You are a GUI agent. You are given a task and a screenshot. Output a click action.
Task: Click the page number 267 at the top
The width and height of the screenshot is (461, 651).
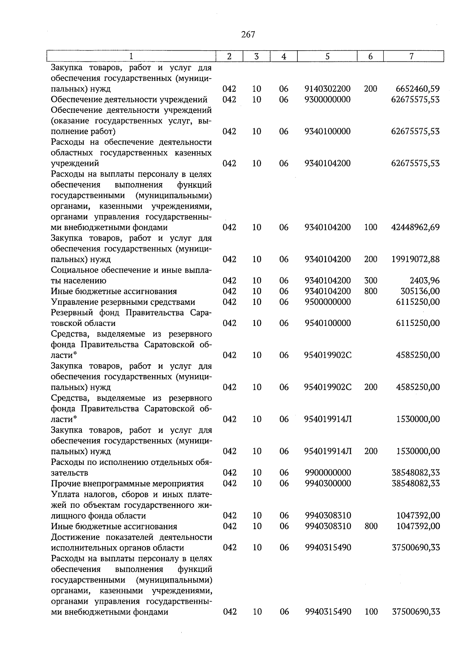[x=248, y=35]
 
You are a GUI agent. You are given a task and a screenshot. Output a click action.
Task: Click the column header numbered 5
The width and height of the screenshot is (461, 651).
[x=327, y=56]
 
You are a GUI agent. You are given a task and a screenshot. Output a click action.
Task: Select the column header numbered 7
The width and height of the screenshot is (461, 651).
[x=411, y=56]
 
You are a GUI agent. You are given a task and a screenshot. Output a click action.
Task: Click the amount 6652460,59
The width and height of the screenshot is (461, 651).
[x=418, y=89]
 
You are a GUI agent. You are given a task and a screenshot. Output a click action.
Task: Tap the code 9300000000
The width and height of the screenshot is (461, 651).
[x=327, y=100]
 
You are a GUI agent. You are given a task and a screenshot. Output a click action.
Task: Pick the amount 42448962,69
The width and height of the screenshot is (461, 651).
[x=415, y=227]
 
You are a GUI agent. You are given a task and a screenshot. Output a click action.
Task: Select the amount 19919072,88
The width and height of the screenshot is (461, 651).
[x=415, y=259]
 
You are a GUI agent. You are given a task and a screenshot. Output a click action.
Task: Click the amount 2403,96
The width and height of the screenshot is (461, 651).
[x=425, y=281]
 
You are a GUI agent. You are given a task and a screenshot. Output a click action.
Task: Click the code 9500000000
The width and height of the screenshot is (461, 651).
[x=327, y=302]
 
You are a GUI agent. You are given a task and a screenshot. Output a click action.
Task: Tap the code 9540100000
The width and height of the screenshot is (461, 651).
[x=327, y=323]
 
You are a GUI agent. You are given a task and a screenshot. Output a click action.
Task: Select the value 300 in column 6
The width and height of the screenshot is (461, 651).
[x=371, y=281]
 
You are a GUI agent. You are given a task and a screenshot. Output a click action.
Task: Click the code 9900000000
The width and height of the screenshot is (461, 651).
[x=328, y=473]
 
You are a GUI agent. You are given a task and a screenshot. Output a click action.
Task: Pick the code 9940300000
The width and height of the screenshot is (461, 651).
[x=328, y=483]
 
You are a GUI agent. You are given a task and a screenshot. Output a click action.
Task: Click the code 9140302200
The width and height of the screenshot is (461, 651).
[x=327, y=89]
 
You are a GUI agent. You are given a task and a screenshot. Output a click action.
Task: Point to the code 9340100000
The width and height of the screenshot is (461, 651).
[x=327, y=132]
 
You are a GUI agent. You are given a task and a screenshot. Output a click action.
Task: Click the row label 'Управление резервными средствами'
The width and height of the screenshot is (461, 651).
[x=123, y=302]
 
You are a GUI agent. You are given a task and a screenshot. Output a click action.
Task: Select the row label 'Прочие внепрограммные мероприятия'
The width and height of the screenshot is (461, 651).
[x=127, y=483]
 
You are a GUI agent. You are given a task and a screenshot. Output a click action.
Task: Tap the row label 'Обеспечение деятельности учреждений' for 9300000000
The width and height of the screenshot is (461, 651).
[x=129, y=100]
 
